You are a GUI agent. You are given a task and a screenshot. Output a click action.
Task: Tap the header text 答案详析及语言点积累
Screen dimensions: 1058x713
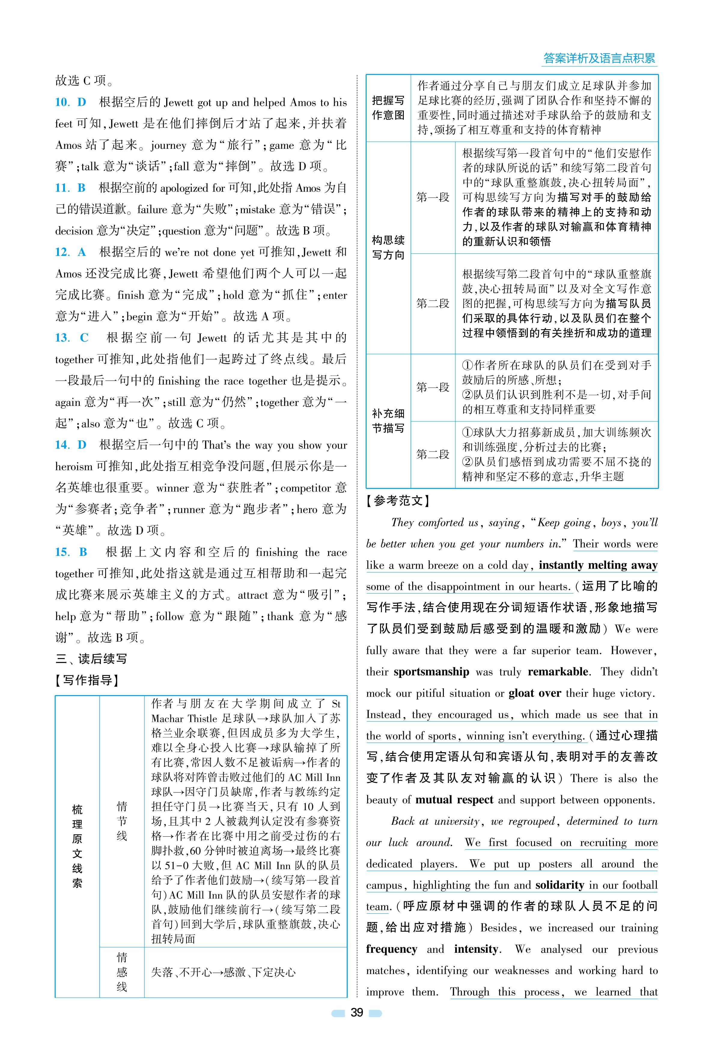point(599,58)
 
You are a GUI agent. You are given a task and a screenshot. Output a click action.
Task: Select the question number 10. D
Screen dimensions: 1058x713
point(71,103)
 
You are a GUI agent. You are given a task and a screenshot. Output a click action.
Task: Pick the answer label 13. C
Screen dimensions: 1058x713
point(72,338)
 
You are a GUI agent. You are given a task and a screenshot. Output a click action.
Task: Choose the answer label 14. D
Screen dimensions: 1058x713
point(71,445)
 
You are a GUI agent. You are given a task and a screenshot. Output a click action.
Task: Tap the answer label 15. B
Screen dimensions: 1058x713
point(71,552)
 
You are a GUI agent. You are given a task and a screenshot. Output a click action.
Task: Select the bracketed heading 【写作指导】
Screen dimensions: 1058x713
point(87,680)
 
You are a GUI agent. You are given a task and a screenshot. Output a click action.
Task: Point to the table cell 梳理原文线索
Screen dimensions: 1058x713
point(77,846)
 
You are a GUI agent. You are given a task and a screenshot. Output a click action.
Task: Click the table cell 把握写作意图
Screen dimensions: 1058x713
point(388,108)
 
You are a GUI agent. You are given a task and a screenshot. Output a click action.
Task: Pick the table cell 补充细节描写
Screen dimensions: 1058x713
point(388,421)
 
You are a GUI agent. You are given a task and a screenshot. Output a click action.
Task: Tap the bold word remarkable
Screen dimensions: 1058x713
point(558,672)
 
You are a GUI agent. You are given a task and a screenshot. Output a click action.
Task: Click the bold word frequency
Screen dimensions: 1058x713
point(392,949)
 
